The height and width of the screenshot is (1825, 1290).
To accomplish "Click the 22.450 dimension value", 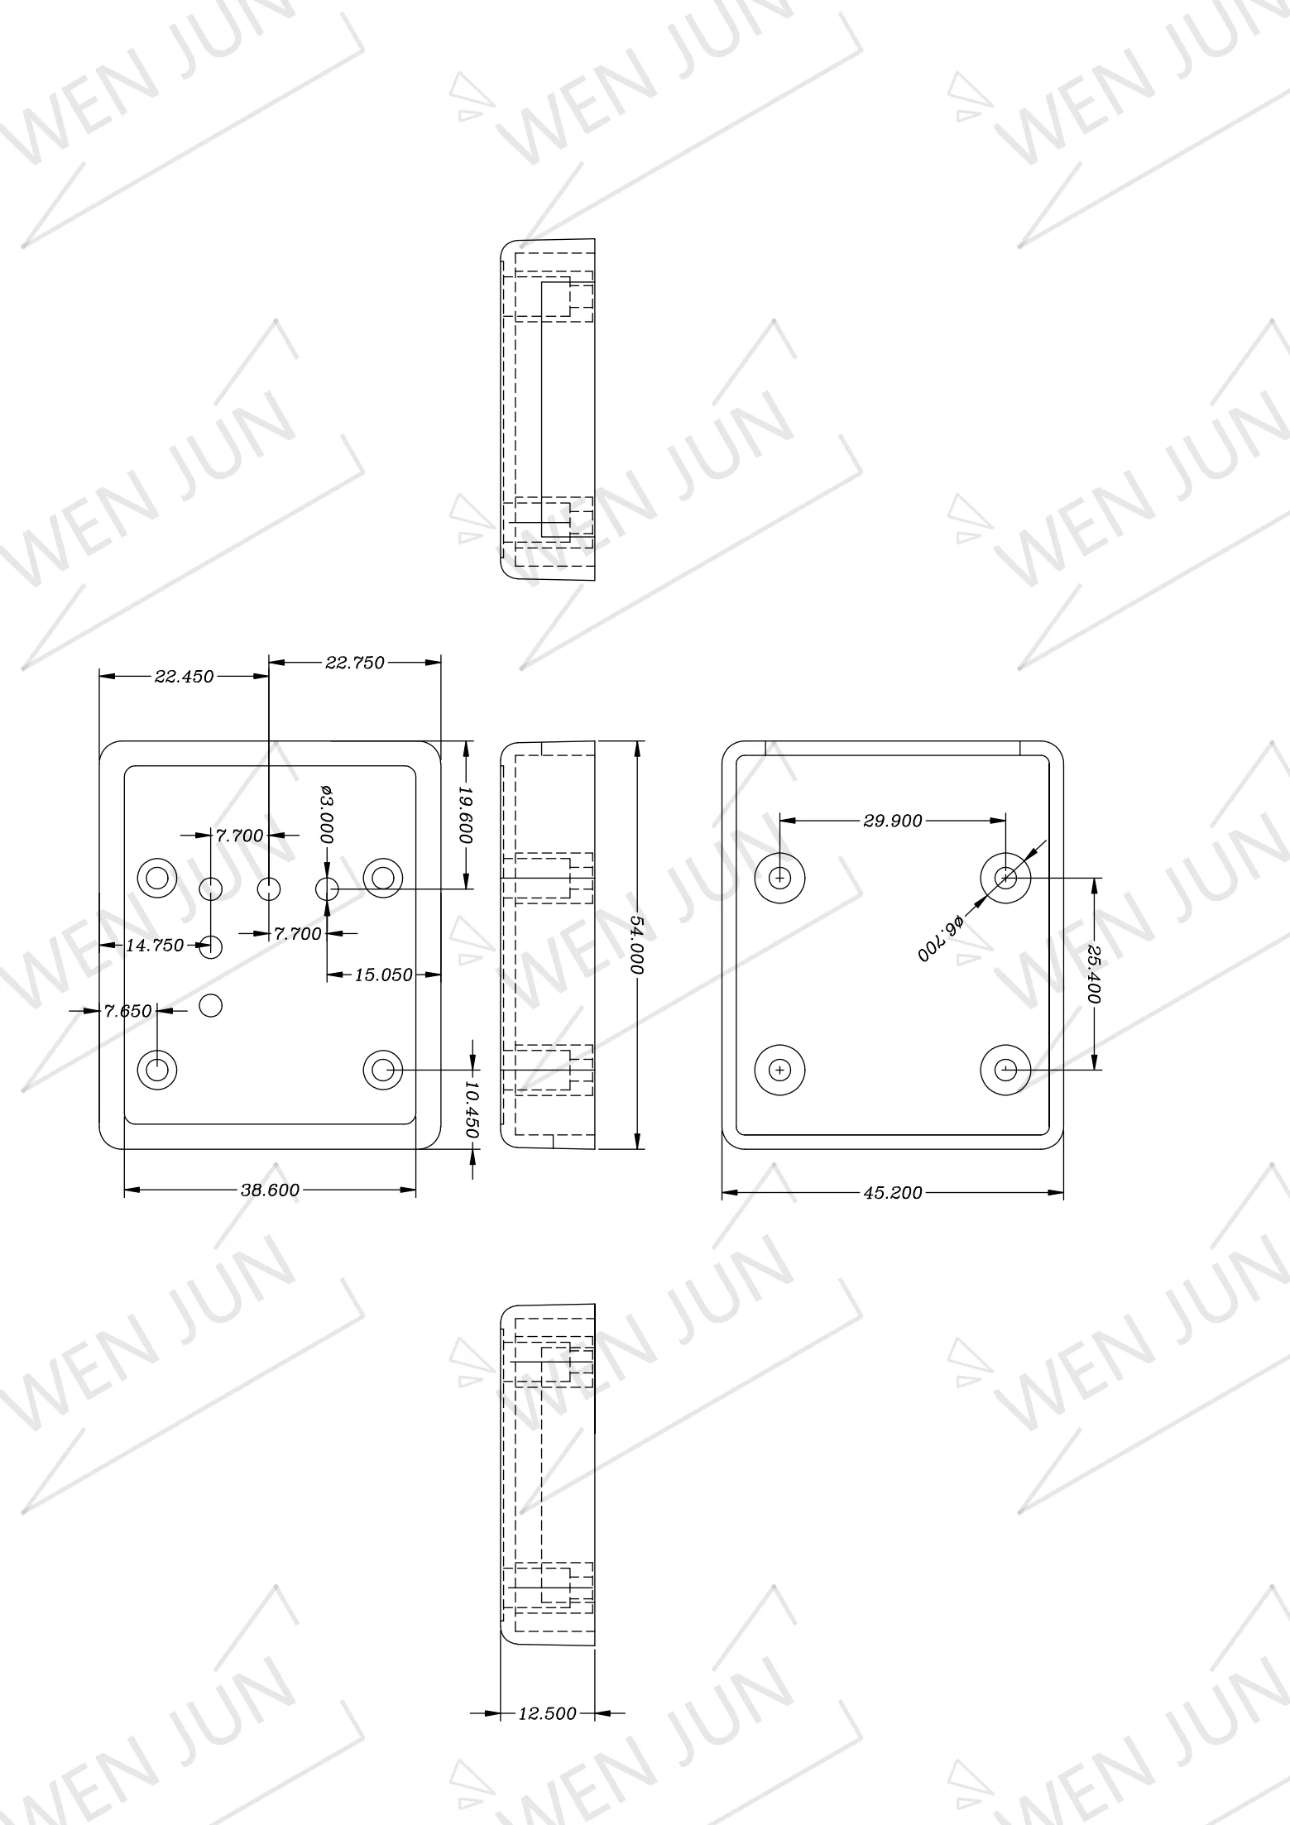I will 184,677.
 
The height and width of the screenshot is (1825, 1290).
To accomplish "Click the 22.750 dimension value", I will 355,663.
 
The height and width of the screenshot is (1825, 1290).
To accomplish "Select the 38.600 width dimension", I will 270,1190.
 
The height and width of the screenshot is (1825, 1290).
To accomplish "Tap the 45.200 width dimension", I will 892,1193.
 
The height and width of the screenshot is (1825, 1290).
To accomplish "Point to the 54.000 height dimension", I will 637,944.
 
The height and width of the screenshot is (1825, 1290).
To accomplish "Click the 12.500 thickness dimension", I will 547,1713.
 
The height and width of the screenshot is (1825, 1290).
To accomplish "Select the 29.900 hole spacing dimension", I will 892,821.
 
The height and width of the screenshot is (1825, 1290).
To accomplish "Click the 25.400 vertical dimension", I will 1094,974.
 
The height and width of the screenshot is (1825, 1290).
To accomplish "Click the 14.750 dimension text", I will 155,945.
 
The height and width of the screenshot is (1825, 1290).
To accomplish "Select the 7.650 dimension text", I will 128,1010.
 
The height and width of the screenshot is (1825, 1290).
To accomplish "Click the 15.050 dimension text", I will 383,975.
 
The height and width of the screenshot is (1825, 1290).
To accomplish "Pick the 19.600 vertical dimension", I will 466,815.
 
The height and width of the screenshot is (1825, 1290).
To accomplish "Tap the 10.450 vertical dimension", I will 472,1109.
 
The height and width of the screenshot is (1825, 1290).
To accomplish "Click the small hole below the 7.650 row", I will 212,1005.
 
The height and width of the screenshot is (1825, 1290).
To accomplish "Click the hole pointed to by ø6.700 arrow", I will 1005,877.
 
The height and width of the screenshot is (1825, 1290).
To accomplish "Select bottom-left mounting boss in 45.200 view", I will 780,1070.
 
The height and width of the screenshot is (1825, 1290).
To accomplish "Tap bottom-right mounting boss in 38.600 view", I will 382,1070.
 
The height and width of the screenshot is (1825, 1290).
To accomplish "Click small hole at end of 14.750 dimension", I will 212,946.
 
